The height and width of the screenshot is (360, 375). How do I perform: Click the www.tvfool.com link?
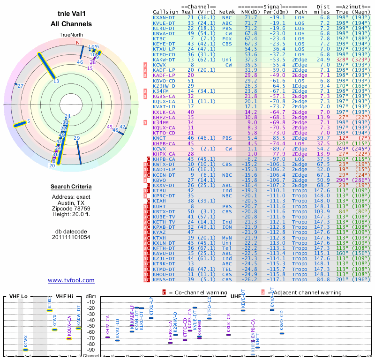pos(71,280)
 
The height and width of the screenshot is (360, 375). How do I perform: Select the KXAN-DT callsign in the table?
pos(164,17)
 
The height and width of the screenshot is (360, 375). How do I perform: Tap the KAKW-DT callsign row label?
pos(164,60)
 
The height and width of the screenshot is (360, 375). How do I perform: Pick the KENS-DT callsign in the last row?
pos(164,280)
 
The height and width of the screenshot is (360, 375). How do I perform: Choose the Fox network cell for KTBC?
pos(227,38)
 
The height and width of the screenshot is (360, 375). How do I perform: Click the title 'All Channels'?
pos(71,24)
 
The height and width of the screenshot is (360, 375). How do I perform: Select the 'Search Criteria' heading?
pos(71,187)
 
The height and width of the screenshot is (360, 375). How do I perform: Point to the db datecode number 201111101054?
pos(71,237)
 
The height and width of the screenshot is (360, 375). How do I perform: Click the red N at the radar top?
pos(78,43)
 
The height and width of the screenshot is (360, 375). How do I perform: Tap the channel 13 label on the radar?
pos(56,81)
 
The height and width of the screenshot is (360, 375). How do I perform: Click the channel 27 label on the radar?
pos(20,86)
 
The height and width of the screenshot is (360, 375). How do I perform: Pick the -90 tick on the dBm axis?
pos(90,350)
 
